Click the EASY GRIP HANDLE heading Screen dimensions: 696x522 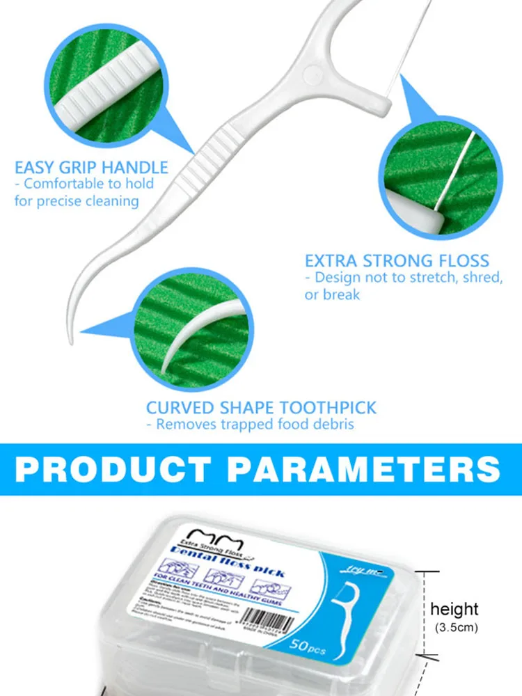pyautogui.click(x=91, y=167)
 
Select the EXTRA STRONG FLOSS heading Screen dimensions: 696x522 pyautogui.click(x=397, y=261)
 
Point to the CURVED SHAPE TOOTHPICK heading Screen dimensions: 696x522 pyautogui.click(x=261, y=408)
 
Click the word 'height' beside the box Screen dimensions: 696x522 pyautogui.click(x=454, y=610)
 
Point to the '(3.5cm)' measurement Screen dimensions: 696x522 pyautogui.click(x=454, y=628)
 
